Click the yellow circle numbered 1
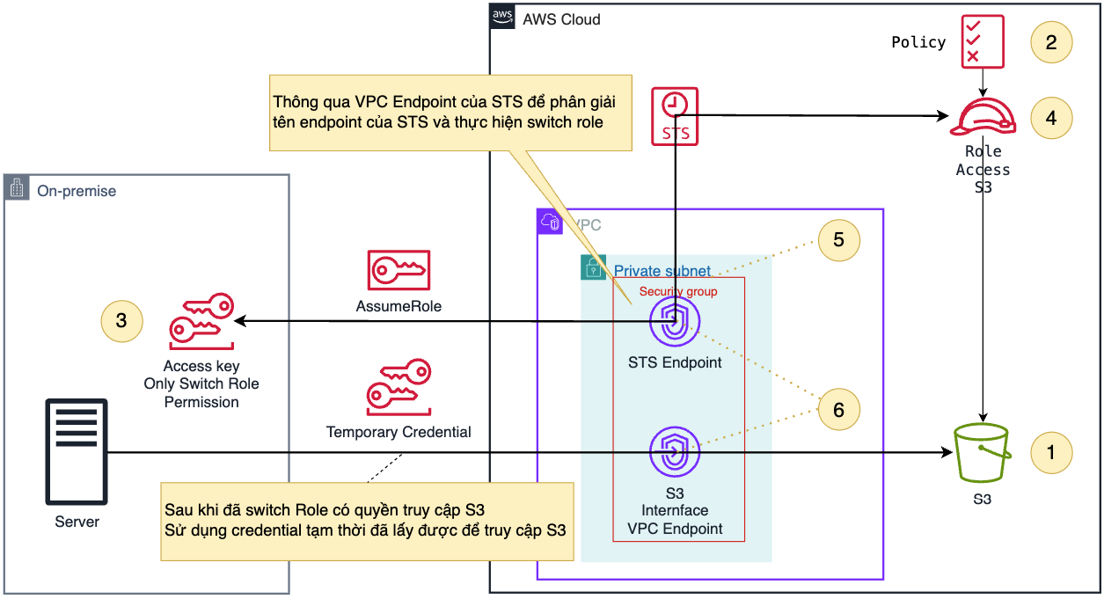(x=1050, y=452)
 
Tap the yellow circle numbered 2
(x=1050, y=41)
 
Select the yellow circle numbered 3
(x=121, y=321)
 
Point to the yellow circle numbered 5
(x=838, y=239)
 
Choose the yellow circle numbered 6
(x=838, y=409)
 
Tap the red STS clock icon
(x=675, y=116)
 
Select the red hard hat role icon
(x=983, y=117)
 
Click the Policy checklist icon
(x=972, y=41)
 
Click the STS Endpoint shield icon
(x=675, y=323)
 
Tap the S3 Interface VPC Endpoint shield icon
(x=675, y=453)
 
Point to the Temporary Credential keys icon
(x=398, y=387)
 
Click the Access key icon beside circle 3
(x=201, y=321)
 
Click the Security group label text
(x=678, y=291)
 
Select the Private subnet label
(x=662, y=271)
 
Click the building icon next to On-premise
(x=17, y=187)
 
